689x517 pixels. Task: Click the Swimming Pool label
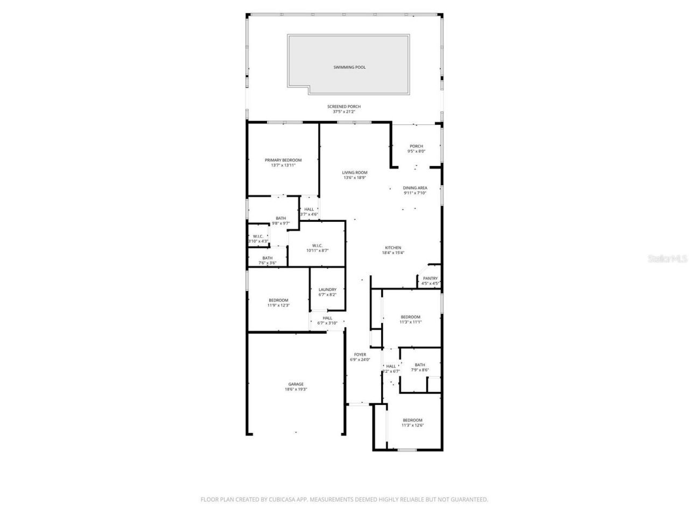point(349,67)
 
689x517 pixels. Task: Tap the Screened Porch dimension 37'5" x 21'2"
point(344,112)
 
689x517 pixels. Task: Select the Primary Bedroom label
point(283,160)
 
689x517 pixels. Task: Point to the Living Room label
point(355,172)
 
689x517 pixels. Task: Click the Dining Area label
point(415,188)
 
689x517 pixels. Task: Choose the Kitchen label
point(393,248)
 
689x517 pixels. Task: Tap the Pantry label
point(430,278)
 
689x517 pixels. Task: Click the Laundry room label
point(327,289)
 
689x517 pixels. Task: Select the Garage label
point(296,384)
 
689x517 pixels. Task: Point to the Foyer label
point(360,355)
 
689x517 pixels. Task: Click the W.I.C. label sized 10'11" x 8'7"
point(317,246)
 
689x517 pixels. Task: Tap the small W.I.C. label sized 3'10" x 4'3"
point(258,236)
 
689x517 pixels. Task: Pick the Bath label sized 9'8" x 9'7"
point(281,218)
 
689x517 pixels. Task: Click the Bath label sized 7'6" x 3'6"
point(268,258)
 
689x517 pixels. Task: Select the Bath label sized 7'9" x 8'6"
point(420,365)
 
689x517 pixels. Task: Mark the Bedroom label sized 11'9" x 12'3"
point(278,300)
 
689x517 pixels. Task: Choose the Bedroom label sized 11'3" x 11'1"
point(410,317)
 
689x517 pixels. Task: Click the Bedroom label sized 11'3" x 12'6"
point(412,420)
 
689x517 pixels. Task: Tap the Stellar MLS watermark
point(667,258)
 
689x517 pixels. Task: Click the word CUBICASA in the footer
point(280,500)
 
